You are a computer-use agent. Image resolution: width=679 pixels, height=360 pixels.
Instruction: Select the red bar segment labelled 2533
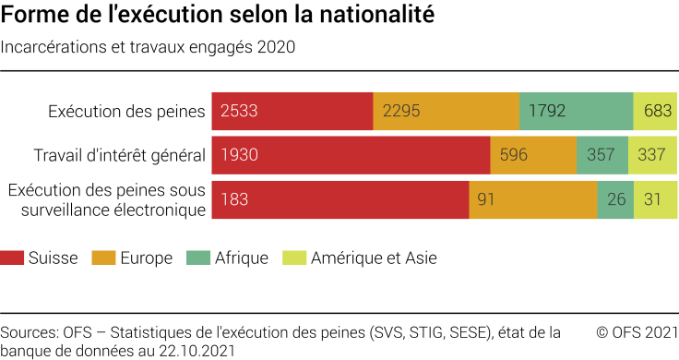[292, 111]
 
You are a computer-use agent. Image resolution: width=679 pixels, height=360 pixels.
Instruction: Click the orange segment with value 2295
[446, 111]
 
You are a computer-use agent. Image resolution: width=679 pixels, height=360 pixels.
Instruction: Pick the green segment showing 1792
[576, 111]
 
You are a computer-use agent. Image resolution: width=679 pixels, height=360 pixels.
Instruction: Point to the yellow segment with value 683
[655, 111]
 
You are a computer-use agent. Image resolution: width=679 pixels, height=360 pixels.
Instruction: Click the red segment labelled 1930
[351, 155]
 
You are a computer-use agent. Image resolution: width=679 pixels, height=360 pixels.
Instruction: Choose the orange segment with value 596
[533, 155]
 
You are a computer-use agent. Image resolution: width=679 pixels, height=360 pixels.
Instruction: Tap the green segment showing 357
[602, 155]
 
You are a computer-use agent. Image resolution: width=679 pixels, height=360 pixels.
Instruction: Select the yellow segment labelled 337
[652, 155]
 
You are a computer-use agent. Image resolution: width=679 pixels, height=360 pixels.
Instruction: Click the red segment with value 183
[340, 199]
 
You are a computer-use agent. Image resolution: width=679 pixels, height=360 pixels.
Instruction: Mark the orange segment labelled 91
[533, 199]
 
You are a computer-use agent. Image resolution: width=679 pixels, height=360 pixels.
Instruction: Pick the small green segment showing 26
[614, 199]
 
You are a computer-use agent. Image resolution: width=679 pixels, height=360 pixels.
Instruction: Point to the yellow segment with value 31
[655, 199]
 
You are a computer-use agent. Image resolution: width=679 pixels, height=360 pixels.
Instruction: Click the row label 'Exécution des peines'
[126, 112]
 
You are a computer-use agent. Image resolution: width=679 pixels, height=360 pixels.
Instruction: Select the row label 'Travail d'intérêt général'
[119, 155]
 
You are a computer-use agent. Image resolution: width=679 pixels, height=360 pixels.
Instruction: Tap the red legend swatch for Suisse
[12, 258]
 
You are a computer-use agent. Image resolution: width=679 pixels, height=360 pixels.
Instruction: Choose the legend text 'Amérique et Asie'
[374, 258]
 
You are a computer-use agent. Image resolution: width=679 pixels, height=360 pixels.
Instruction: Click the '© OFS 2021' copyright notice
[637, 332]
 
